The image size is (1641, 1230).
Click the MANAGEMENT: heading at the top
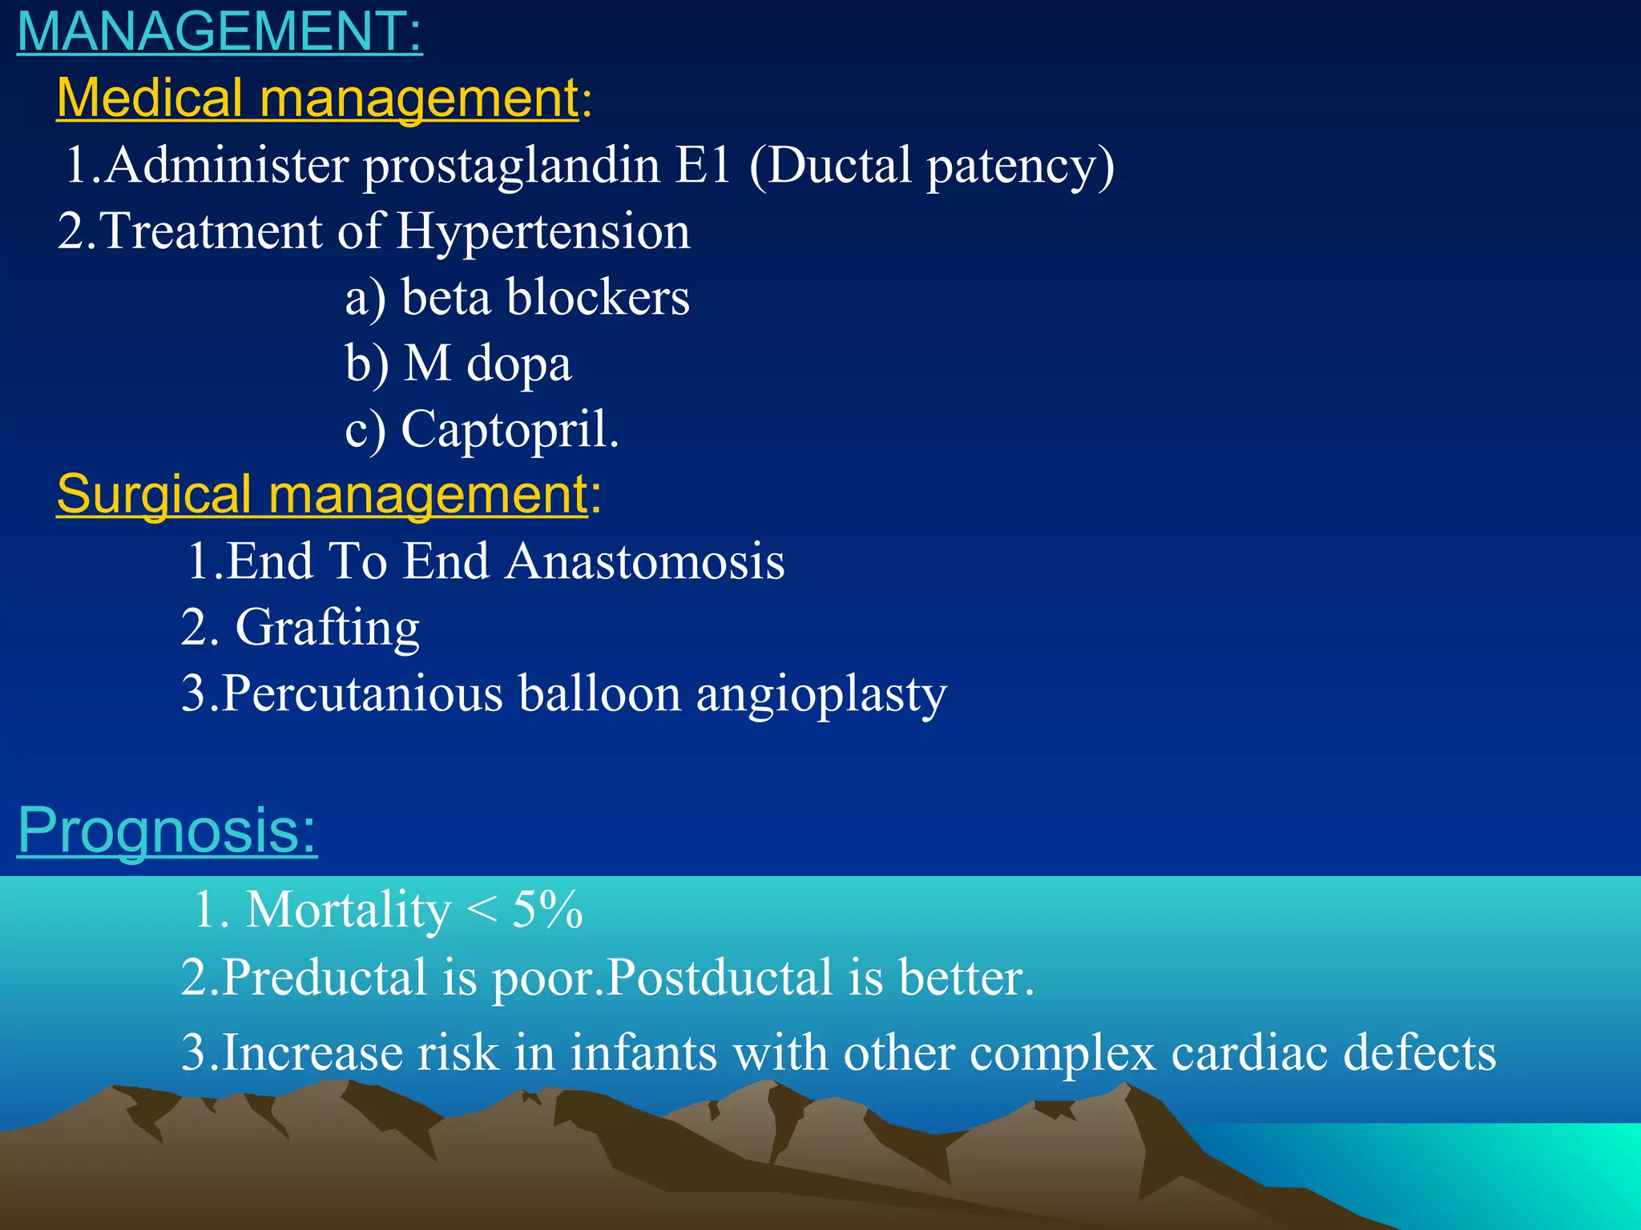(x=219, y=32)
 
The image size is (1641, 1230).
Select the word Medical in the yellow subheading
(x=150, y=98)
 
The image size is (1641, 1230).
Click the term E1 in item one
(x=703, y=165)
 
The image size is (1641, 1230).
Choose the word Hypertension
(x=542, y=232)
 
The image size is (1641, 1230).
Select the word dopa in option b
(x=518, y=365)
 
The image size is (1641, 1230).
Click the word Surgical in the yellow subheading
(x=154, y=495)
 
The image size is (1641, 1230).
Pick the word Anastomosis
(x=645, y=561)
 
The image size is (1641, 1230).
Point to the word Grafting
(x=327, y=628)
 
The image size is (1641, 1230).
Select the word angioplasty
(x=821, y=695)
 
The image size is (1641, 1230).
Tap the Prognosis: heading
(x=167, y=830)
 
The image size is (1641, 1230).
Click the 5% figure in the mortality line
(x=547, y=910)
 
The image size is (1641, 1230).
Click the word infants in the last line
(x=643, y=1052)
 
